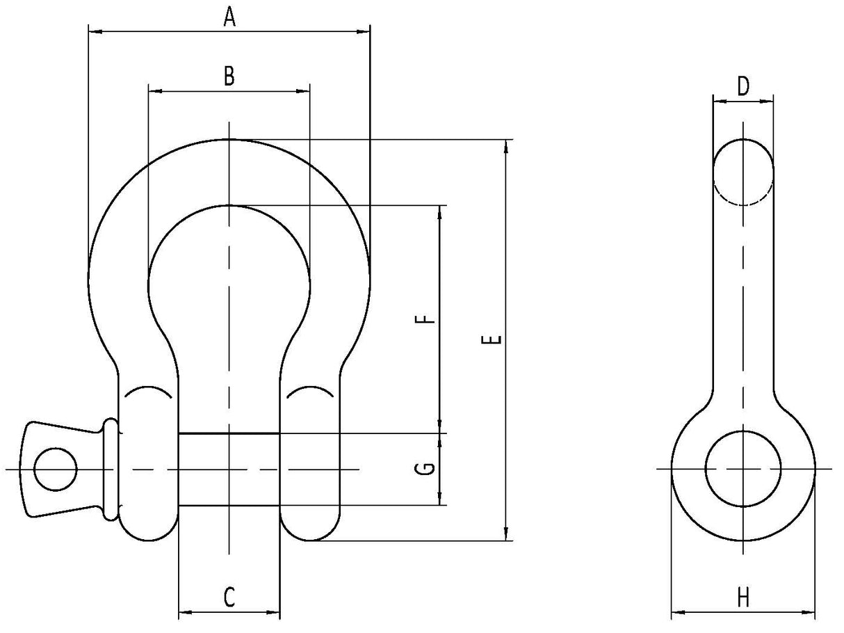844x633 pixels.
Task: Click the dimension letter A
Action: [x=229, y=17]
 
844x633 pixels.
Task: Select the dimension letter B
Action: [x=229, y=77]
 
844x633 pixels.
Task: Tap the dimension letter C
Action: [x=229, y=597]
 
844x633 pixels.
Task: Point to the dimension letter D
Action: [x=743, y=87]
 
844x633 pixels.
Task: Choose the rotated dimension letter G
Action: [x=429, y=468]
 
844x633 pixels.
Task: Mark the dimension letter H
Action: [x=743, y=597]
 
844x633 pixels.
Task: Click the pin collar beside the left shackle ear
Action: [x=111, y=469]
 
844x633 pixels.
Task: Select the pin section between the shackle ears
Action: [x=229, y=469]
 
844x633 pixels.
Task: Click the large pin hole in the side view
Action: [x=743, y=468]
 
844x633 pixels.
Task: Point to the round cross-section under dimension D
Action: [x=743, y=173]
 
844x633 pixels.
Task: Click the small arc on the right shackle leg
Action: [x=310, y=391]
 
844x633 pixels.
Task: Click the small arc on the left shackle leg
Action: [x=148, y=391]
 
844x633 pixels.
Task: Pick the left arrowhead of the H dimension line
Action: [x=676, y=613]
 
